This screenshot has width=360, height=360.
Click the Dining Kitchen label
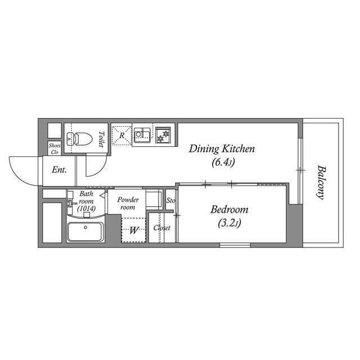point(222,149)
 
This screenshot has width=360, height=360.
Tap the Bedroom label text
point(229,210)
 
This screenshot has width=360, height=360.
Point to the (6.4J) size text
point(223,163)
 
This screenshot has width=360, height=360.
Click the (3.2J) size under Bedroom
point(229,223)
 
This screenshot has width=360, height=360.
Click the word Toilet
point(101,139)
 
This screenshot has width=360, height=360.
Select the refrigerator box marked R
point(121,135)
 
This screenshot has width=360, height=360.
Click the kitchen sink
point(142,134)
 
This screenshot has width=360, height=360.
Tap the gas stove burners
point(164,135)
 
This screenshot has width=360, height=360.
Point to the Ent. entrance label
point(59,169)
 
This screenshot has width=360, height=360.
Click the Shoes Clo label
point(54,148)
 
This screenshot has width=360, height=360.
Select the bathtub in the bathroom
point(85,231)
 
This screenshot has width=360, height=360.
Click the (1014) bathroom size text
point(87,208)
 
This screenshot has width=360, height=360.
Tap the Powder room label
point(128,203)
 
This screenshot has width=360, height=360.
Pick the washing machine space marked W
point(134,230)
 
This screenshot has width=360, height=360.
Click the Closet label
point(162,228)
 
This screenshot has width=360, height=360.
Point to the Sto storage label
point(170,200)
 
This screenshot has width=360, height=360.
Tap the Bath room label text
point(87,197)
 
